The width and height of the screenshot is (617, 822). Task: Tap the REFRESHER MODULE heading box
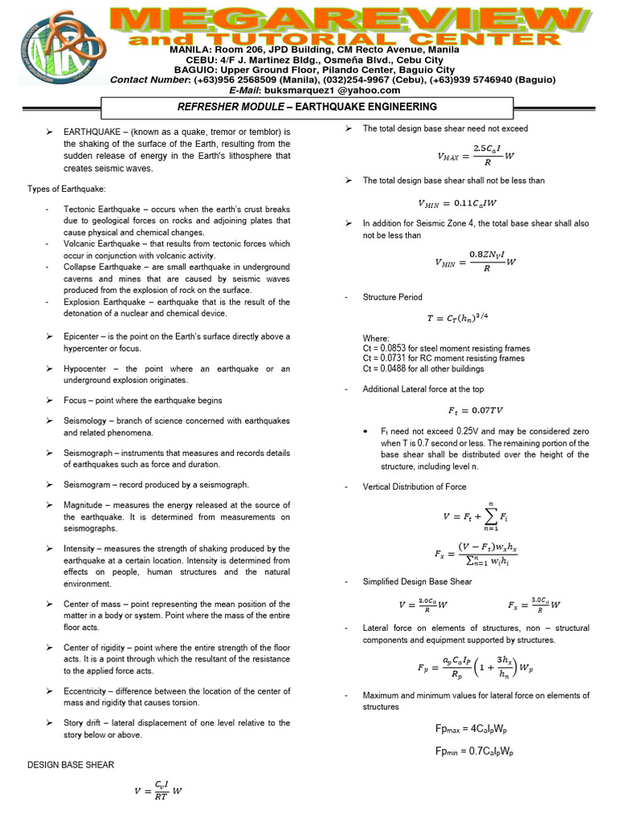point(306,107)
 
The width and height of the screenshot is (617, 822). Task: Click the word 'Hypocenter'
point(88,368)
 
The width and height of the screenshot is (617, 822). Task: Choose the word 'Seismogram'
point(90,485)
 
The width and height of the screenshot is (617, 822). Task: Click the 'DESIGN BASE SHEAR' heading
point(71,765)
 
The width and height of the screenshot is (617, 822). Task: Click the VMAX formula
point(476,153)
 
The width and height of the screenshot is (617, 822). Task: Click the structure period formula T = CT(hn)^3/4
point(468,318)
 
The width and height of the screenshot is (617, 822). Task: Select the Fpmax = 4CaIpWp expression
point(472,729)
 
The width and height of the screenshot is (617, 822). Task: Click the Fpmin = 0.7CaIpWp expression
point(474,752)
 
